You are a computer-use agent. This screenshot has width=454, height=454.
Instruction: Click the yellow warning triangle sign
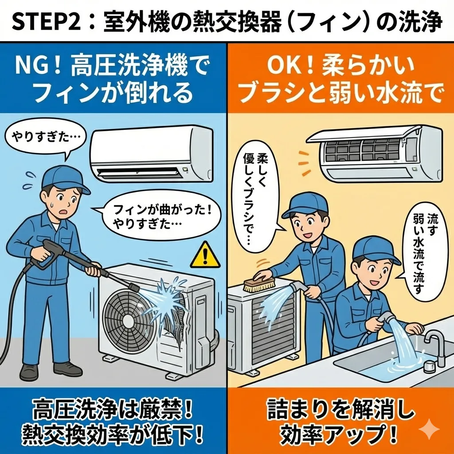pyautogui.click(x=205, y=255)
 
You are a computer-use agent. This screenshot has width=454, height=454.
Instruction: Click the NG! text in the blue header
pyautogui.click(x=38, y=67)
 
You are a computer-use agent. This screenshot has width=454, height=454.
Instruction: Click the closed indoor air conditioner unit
pyautogui.click(x=152, y=153)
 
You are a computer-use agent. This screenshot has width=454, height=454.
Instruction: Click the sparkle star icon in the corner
pyautogui.click(x=429, y=429)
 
